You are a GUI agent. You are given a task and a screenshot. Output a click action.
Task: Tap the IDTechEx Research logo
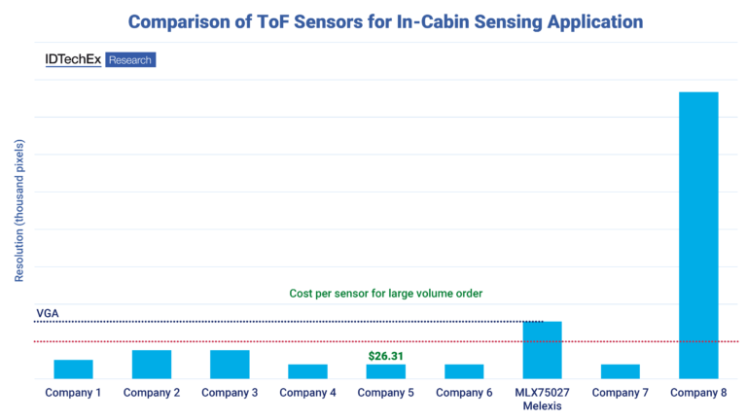100,59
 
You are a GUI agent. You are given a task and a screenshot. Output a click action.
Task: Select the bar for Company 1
73,369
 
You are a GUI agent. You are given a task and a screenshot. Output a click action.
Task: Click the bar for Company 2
152,365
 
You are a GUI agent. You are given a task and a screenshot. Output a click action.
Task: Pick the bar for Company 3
230,365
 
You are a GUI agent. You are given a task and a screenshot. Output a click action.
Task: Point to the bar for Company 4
307,371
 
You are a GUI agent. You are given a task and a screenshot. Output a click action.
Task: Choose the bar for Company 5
385,371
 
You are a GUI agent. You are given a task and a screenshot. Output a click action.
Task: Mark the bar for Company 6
464,371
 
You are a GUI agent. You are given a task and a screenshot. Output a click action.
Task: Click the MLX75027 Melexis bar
542,350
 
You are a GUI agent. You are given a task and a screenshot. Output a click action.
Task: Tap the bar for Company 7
621,371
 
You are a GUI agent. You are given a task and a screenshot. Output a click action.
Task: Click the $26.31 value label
385,357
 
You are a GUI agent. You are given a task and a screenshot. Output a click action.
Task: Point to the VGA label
47,313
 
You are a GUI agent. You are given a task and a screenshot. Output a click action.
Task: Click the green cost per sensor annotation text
386,293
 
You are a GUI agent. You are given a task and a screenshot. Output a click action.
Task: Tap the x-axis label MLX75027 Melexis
542,399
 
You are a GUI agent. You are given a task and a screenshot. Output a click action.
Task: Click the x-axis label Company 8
698,393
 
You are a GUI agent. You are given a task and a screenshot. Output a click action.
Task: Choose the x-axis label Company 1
73,393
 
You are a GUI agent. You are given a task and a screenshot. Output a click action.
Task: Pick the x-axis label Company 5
385,393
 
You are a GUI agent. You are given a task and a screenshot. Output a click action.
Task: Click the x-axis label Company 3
230,393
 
